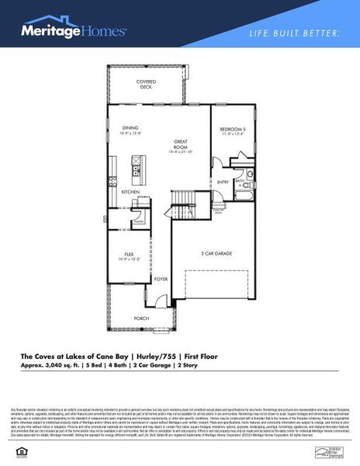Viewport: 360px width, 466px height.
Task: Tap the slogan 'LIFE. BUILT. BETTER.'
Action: pyautogui.click(x=293, y=34)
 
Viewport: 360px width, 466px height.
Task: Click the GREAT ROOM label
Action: pyautogui.click(x=181, y=144)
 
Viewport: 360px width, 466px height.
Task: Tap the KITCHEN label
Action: pyautogui.click(x=130, y=192)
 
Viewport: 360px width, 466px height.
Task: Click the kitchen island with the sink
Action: pyautogui.click(x=136, y=165)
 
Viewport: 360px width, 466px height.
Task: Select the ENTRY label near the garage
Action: pyautogui.click(x=223, y=183)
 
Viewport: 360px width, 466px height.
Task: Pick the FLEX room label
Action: pyautogui.click(x=130, y=255)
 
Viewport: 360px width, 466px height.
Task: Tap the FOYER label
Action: pyautogui.click(x=160, y=278)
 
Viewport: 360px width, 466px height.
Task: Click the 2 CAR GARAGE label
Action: pyautogui.click(x=213, y=254)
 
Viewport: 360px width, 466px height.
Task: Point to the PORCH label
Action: pyautogui.click(x=141, y=318)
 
